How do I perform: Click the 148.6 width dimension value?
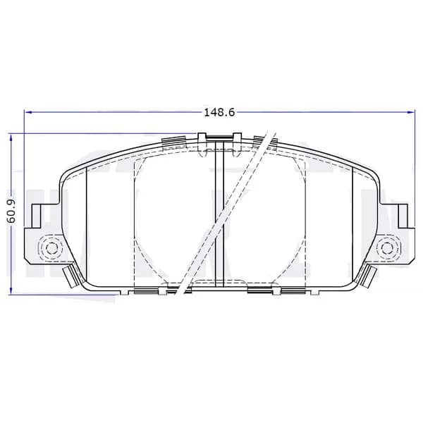point(219,112)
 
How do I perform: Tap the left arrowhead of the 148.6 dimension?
point(29,111)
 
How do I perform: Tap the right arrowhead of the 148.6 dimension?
point(410,111)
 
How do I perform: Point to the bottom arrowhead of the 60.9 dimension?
point(11,290)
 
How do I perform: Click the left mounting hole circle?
point(51,247)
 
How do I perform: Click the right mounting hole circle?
point(386,247)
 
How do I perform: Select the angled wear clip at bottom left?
point(70,276)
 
